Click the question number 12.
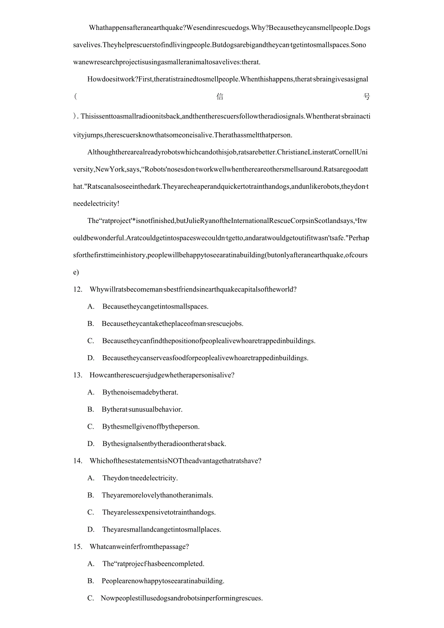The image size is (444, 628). (78, 290)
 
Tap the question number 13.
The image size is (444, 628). (78, 375)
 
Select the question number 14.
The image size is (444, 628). (78, 461)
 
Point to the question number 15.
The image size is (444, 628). (78, 546)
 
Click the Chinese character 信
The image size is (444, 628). (220, 97)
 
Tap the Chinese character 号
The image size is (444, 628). (367, 97)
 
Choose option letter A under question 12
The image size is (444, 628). (91, 307)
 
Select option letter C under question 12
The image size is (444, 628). (91, 341)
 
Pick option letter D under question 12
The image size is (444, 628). (91, 358)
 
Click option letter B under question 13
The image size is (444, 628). (91, 409)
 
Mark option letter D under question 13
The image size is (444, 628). (91, 444)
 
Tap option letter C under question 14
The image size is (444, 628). (91, 512)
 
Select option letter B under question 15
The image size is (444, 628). (91, 581)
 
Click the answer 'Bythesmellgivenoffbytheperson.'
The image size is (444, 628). (151, 427)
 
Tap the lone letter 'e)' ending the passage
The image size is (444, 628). (76, 272)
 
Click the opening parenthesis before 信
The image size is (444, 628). (75, 97)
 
